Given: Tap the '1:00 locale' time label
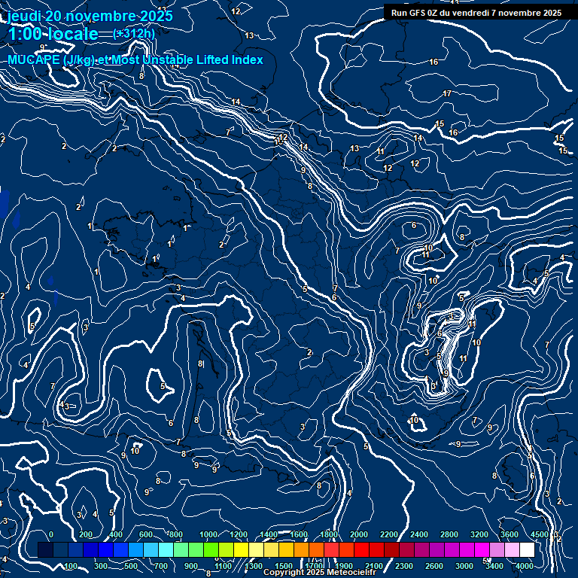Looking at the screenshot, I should (53, 34).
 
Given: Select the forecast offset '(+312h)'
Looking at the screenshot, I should (134, 33).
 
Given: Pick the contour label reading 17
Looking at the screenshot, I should (447, 93).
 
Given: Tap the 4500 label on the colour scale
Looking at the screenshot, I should (539, 534).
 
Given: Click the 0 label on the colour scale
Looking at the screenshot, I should (51, 534).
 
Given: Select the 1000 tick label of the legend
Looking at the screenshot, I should (208, 534).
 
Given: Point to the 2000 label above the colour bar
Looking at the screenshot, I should (358, 534).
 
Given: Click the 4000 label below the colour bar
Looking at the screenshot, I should (525, 566).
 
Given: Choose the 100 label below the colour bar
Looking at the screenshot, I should (71, 566).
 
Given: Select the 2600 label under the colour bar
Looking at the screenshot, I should (433, 566).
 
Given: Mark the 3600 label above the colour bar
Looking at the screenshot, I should (509, 534).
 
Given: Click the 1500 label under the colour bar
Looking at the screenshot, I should (284, 566).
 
